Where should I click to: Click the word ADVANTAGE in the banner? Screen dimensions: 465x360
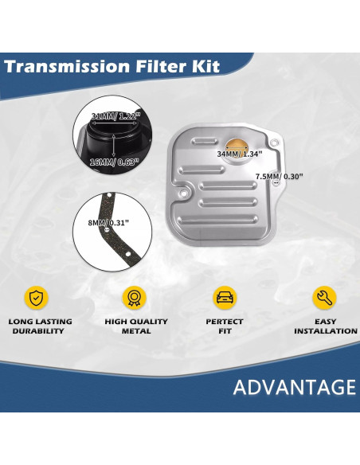click(x=295, y=388)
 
